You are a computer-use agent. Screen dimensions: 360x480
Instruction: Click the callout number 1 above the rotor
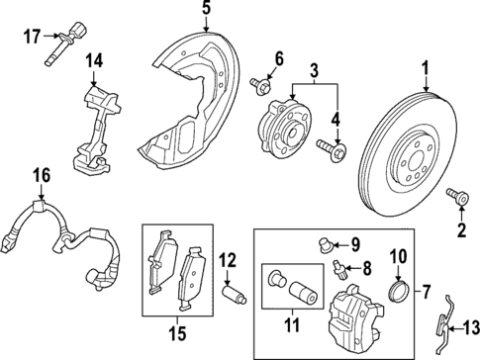(426, 71)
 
